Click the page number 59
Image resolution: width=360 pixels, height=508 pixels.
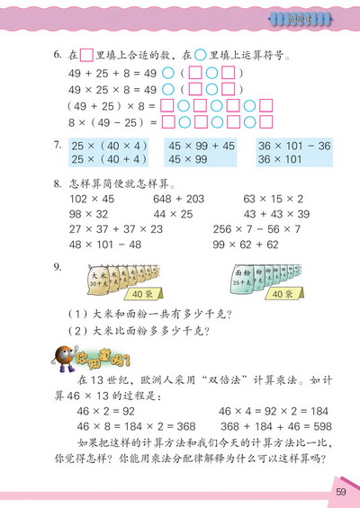(x=340, y=491)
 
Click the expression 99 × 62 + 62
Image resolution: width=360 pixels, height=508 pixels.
(x=273, y=244)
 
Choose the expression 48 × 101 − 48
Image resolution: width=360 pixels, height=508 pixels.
(x=98, y=244)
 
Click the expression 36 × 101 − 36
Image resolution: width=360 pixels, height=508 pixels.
(x=295, y=145)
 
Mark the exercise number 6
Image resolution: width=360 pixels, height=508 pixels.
(x=57, y=55)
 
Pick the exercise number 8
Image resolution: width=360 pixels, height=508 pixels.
(x=57, y=183)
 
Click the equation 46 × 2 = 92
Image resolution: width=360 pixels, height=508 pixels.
(x=108, y=411)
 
